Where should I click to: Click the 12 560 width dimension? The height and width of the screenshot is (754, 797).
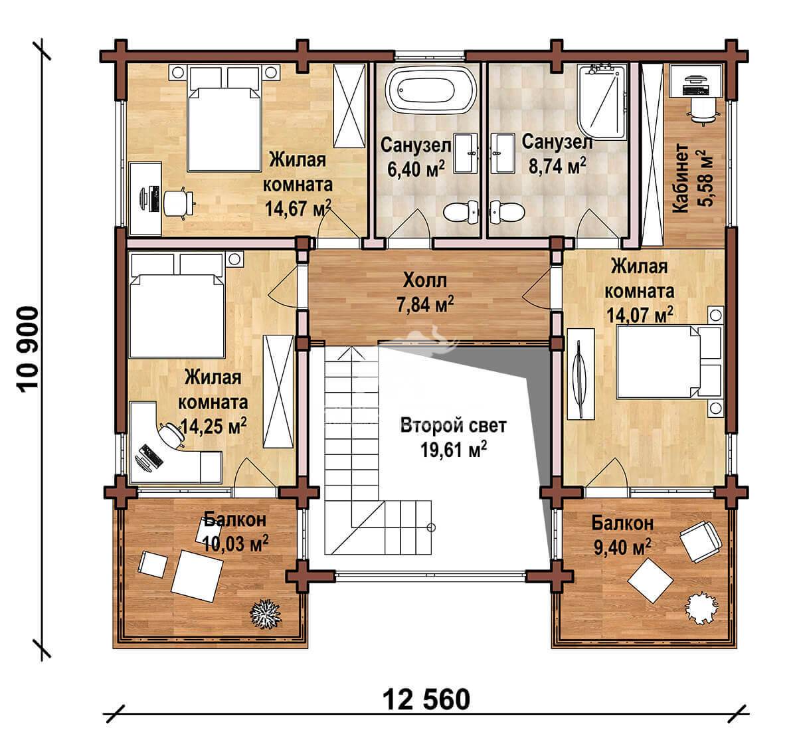click(x=426, y=700)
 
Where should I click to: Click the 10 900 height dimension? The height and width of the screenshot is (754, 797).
click(x=28, y=349)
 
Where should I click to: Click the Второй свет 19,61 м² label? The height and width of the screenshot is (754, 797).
click(x=453, y=438)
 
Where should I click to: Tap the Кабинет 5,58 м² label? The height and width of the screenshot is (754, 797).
click(x=692, y=178)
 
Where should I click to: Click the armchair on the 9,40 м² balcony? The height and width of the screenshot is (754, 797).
click(x=700, y=541)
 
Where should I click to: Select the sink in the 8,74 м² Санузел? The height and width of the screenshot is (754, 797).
click(x=502, y=153)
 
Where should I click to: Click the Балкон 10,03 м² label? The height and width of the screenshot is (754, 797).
click(x=235, y=532)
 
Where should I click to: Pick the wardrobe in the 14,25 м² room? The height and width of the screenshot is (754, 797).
click(x=278, y=391)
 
